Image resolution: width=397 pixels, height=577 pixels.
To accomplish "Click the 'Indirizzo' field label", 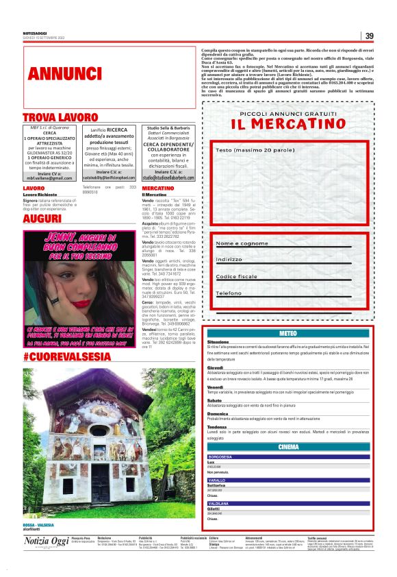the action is coord(229,260).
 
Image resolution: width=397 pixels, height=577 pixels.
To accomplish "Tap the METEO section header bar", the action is coord(288,333).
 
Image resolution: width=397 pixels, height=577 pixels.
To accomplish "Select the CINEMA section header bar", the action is coord(288,447).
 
